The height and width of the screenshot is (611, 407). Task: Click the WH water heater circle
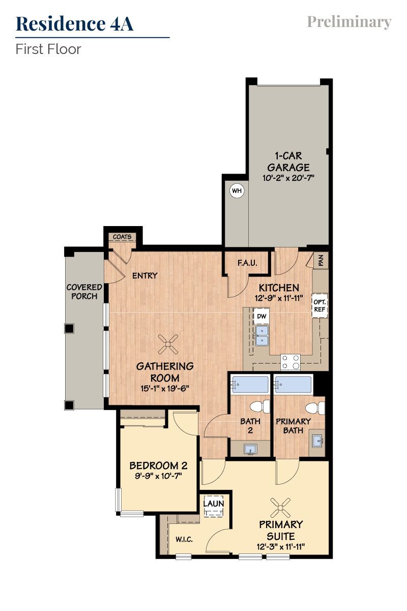pyautogui.click(x=237, y=191)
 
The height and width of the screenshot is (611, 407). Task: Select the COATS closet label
pyautogui.click(x=122, y=237)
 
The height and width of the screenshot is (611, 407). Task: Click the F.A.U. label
pyautogui.click(x=247, y=263)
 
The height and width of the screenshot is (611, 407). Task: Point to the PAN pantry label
pyautogui.click(x=321, y=261)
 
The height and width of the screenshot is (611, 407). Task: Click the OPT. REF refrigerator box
pyautogui.click(x=319, y=305)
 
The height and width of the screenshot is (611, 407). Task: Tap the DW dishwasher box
pyautogui.click(x=261, y=316)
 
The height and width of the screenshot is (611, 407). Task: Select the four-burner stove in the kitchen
pyautogui.click(x=290, y=362)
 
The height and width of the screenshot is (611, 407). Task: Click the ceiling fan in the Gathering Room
pyautogui.click(x=168, y=344)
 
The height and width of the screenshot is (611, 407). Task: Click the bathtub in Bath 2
pyautogui.click(x=249, y=385)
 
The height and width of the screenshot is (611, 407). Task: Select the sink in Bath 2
pyautogui.click(x=250, y=449)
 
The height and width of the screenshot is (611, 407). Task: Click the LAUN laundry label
pyautogui.click(x=214, y=503)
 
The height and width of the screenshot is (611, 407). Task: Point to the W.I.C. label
pyautogui.click(x=184, y=539)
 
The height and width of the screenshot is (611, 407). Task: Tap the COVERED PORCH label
pyautogui.click(x=84, y=292)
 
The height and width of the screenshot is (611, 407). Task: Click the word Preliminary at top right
pyautogui.click(x=349, y=22)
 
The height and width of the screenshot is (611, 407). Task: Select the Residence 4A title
pyautogui.click(x=75, y=23)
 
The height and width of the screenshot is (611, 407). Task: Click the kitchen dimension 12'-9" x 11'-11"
pyautogui.click(x=279, y=298)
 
